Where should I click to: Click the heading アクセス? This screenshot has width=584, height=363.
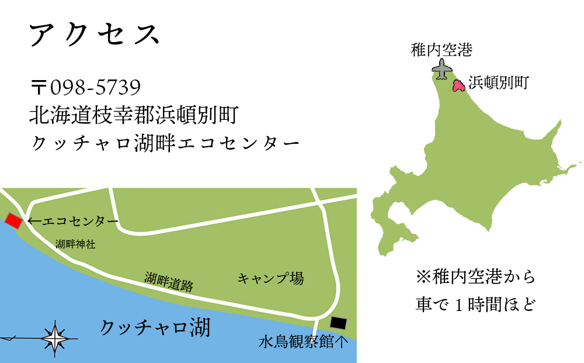point(93,36)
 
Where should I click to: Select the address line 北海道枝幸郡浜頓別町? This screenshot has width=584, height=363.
point(133,115)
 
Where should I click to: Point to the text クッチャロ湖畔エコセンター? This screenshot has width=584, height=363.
point(164,143)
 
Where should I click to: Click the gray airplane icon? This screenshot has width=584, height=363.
point(443,70)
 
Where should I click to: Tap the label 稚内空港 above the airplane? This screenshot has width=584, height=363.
point(442,50)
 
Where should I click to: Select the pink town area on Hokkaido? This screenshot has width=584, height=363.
point(459,86)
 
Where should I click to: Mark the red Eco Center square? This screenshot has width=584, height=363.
point(13,221)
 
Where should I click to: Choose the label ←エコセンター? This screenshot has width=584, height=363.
point(73,222)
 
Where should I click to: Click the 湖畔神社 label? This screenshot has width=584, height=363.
point(75,244)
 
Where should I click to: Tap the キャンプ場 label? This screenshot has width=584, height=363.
point(270,278)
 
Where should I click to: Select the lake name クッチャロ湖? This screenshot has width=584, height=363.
point(155,328)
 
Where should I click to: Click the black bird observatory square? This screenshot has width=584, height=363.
point(338,323)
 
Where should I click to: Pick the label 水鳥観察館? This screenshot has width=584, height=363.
point(297,343)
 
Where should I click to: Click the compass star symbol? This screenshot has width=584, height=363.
point(54,337)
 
